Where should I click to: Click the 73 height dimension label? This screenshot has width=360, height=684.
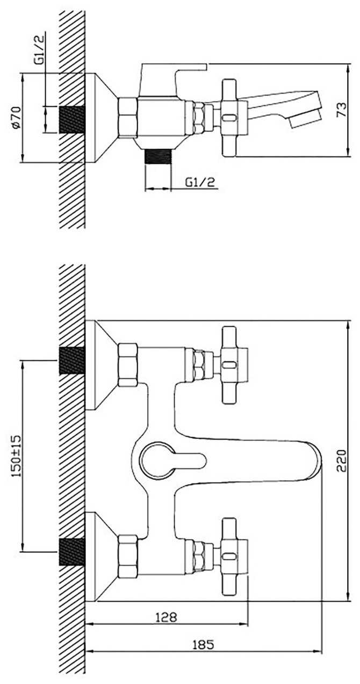[x=341, y=111]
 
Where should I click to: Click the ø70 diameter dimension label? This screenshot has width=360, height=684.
[x=16, y=117]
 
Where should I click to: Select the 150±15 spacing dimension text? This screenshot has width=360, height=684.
[x=16, y=456]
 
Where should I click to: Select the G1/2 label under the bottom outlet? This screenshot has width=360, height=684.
[x=200, y=183]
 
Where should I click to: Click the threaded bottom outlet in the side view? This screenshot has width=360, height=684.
[x=158, y=158]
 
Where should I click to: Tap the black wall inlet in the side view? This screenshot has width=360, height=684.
[x=71, y=119]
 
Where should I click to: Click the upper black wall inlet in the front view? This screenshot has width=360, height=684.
[x=71, y=360]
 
